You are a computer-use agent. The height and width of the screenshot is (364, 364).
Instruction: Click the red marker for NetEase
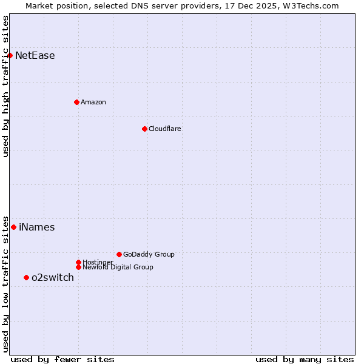[x=10, y=55]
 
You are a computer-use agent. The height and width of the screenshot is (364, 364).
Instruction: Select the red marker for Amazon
[x=76, y=102]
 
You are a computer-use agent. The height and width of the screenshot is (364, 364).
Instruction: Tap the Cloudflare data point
[x=144, y=129]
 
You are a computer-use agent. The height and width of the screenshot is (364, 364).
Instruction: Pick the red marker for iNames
[x=13, y=227]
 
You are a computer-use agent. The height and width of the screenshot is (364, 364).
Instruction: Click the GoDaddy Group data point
[x=119, y=254]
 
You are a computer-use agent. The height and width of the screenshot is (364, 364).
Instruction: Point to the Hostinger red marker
[x=78, y=262]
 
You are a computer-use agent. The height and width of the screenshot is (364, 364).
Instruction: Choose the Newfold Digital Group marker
[x=78, y=267]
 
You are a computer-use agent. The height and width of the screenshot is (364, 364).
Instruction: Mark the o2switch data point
[x=26, y=277]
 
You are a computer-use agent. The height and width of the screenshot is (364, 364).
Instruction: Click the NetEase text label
[x=35, y=56]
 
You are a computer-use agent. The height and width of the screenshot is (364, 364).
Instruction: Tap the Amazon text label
[x=93, y=102]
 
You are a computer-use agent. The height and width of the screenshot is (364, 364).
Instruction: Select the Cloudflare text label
[x=165, y=129]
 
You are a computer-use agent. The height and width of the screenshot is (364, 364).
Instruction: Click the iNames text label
[x=37, y=227]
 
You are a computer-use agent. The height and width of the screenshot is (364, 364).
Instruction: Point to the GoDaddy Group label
[x=149, y=254]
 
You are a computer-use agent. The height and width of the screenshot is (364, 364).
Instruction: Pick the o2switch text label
[x=53, y=278]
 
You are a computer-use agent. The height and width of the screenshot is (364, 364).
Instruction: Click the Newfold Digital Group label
[x=118, y=267]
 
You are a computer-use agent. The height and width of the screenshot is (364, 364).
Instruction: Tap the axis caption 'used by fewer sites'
[x=62, y=359]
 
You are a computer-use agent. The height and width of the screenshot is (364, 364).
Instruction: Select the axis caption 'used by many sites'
[x=305, y=359]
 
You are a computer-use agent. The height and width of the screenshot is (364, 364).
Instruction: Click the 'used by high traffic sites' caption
[x=6, y=86]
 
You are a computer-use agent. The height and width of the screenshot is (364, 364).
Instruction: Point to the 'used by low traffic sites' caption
[x=6, y=283]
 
